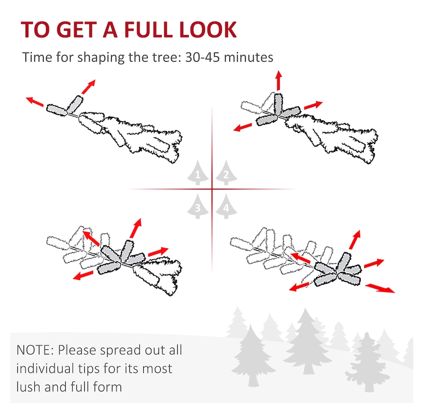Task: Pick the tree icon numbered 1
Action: (198, 173)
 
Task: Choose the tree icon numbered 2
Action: (226, 173)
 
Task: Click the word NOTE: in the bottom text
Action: (35, 350)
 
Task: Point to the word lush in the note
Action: (28, 387)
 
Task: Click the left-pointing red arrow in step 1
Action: (35, 101)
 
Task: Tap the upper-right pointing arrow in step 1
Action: (88, 87)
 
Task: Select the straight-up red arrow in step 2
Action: (279, 80)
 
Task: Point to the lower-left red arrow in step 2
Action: (242, 127)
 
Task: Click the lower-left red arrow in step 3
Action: (83, 276)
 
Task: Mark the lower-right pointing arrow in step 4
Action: (380, 288)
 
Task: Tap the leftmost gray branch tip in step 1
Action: (57, 110)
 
